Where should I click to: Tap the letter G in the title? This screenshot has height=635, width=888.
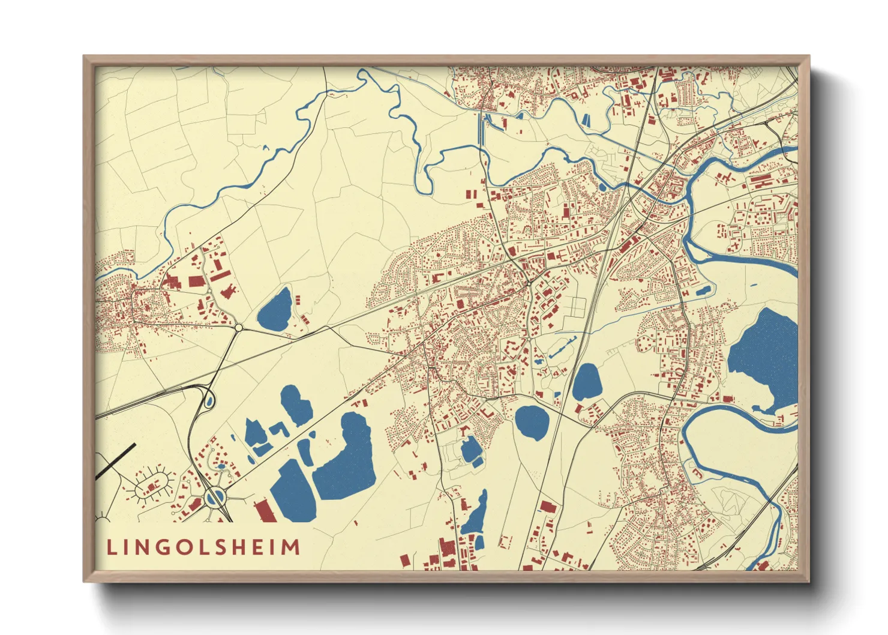(x=165, y=547)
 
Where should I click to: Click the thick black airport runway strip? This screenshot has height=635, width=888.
(x=116, y=461)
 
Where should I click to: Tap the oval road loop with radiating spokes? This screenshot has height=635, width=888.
(x=151, y=485)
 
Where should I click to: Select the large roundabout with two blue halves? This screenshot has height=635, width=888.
(x=215, y=496)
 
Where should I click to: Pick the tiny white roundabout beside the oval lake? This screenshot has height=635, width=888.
(x=238, y=328)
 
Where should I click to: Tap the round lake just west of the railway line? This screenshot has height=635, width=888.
(x=532, y=423)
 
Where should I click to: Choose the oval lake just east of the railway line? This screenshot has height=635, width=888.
(x=586, y=382)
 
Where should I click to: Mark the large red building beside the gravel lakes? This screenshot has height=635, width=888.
(x=265, y=512)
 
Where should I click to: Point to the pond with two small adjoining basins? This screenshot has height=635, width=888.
(x=471, y=450)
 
